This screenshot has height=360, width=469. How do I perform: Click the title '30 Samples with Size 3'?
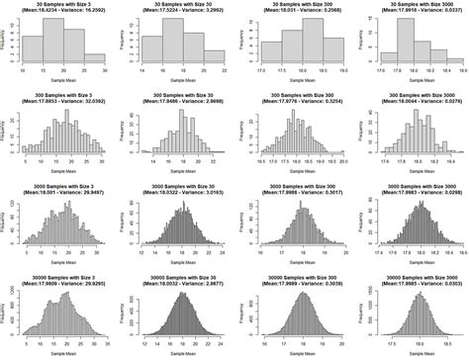point(58,5)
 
